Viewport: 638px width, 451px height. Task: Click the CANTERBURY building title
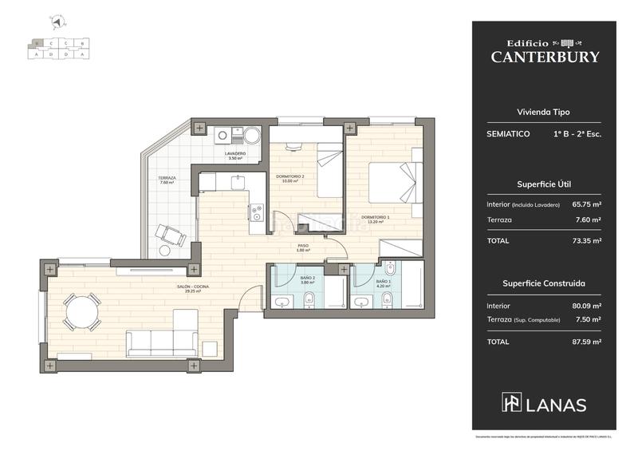[x=545, y=57]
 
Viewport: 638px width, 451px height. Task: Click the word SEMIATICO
[x=508, y=134]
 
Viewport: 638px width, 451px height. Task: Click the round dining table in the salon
[x=82, y=312]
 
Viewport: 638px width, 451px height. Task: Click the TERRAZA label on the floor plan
[x=166, y=180]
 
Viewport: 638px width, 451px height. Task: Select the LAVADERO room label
[x=234, y=155]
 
